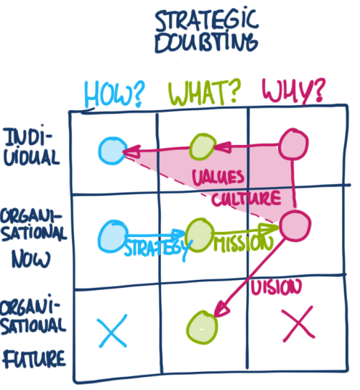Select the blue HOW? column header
coord(114,92)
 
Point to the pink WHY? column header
coord(292,91)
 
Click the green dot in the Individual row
coord(200,148)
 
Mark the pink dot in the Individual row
coord(293,142)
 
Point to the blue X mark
coord(112,331)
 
